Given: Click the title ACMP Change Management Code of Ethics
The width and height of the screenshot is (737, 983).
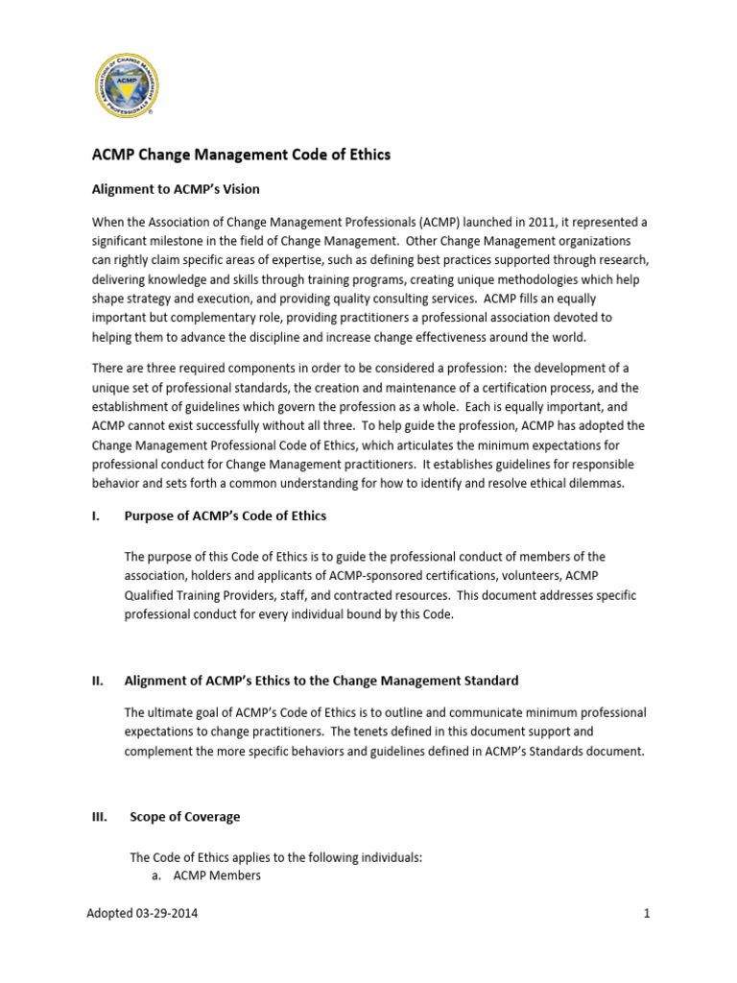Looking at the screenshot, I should [x=241, y=155].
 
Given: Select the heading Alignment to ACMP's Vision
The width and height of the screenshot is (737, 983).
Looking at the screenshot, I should [x=175, y=189].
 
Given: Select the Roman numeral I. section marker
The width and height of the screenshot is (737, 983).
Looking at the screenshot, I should [x=96, y=515].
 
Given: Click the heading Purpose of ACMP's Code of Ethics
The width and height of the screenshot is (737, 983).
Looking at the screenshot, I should [x=226, y=515].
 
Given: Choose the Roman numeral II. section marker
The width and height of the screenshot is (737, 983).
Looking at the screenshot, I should [x=97, y=681].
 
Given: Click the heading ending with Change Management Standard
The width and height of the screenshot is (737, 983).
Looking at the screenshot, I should [x=321, y=681].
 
